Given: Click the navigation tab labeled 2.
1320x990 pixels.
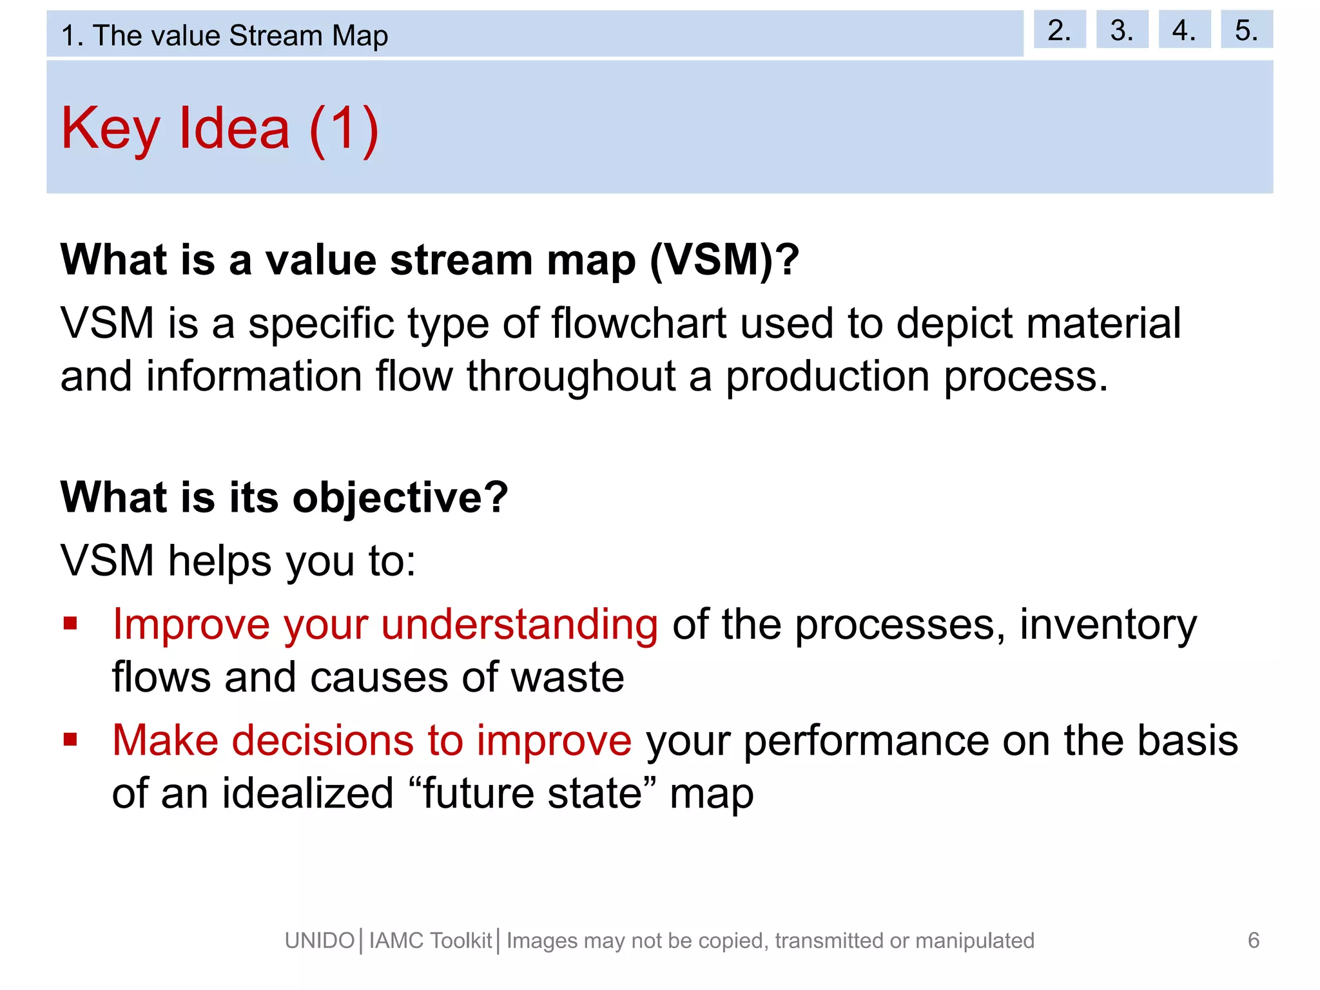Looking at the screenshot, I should [x=1059, y=30].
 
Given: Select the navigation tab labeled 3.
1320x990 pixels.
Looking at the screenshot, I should [x=1121, y=30].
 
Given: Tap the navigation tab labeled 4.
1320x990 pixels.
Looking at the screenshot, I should [x=1184, y=30].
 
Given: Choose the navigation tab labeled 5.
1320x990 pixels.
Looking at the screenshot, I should [x=1246, y=30].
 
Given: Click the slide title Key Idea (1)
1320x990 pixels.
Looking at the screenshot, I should [x=220, y=128].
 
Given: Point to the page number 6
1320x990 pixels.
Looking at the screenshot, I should [x=1253, y=940].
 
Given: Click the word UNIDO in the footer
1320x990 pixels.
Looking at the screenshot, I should [x=320, y=941].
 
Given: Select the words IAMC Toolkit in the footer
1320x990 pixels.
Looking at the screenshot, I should [x=431, y=941].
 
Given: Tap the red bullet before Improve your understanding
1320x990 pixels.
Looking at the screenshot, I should [x=70, y=623].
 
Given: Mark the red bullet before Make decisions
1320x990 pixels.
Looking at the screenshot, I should [x=70, y=739].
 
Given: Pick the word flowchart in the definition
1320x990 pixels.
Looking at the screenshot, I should [x=639, y=323].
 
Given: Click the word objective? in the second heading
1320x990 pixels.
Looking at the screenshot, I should [x=400, y=498].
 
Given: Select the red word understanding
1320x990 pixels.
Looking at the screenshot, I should [x=519, y=625].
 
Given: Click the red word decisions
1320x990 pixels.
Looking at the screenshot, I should [x=322, y=740].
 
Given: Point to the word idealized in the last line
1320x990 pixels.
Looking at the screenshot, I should [x=308, y=793].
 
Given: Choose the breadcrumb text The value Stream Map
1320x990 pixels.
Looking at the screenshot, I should [x=240, y=35].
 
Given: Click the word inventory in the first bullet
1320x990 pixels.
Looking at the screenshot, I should [x=1108, y=625].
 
